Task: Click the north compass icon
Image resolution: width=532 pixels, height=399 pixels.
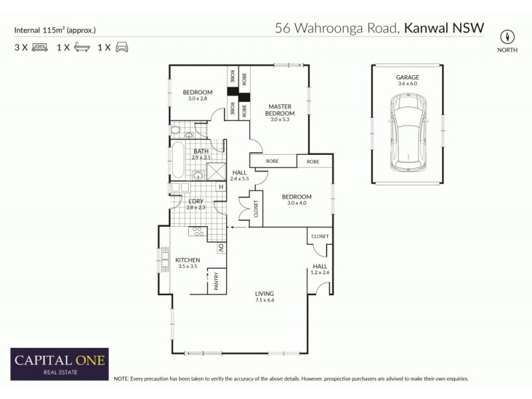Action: (x=508, y=36)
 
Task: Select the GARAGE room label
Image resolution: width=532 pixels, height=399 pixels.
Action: (x=408, y=77)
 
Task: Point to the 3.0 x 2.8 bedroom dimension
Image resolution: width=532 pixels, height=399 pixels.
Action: (x=198, y=99)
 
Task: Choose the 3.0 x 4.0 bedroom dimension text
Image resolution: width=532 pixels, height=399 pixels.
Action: (x=296, y=203)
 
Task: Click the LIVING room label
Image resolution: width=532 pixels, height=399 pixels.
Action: (x=264, y=293)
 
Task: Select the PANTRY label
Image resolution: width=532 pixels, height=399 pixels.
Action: (x=215, y=282)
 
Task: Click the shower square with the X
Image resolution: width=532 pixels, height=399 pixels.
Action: (x=216, y=171)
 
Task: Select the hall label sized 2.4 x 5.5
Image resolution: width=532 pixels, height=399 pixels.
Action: (x=239, y=176)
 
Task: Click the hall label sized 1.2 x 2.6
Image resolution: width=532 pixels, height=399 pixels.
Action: (x=320, y=269)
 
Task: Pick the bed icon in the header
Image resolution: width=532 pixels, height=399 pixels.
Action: (x=39, y=47)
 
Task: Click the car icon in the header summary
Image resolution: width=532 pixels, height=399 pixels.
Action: (x=122, y=47)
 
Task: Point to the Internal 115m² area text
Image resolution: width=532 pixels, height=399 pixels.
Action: (x=55, y=30)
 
